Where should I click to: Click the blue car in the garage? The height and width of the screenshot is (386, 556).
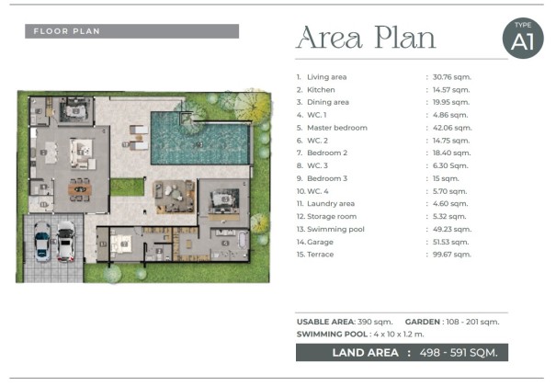coord(42,242)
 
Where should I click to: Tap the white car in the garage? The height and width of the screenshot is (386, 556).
coord(66,242)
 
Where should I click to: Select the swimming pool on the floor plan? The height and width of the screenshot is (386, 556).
coord(200,138)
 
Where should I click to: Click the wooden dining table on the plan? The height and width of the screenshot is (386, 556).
coord(80,189)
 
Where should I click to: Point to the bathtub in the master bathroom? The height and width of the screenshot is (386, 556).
coord(243,240)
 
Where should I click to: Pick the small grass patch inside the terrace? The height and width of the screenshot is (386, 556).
coord(127,187)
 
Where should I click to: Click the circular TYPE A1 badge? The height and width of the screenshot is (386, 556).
coord(523,39)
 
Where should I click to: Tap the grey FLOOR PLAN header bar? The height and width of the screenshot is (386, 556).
coord(132,31)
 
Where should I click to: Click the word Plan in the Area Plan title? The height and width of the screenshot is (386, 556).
coord(405,38)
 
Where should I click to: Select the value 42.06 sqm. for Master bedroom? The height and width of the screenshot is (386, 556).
coord(452,128)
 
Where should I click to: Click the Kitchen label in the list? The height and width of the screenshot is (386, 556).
coord(321,90)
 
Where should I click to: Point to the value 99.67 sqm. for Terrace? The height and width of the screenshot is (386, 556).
coord(452,255)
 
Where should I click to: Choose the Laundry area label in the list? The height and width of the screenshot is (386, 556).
coord(331,204)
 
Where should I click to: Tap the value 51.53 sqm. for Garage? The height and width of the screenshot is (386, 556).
coord(450,242)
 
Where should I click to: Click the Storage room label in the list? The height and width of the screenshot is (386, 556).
coord(332,217)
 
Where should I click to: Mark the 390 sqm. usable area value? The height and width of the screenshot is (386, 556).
coord(375,322)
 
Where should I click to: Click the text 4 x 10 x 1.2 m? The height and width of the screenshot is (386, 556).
coord(399,335)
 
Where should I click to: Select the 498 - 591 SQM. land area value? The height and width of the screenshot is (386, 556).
coord(459,353)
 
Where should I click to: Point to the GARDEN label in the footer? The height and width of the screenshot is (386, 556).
coord(423,322)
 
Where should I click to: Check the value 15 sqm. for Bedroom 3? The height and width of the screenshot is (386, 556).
coord(446,178)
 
